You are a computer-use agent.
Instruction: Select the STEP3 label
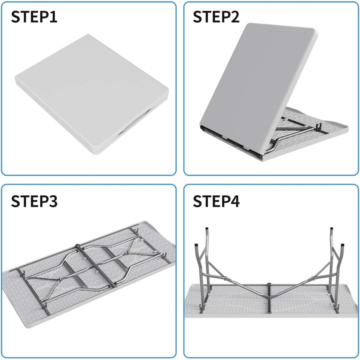(34, 201)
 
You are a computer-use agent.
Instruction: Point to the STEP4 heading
(216, 201)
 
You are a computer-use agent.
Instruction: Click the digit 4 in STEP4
(235, 201)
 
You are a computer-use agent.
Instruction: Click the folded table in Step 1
(92, 94)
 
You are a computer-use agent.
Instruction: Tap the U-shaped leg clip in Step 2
(319, 127)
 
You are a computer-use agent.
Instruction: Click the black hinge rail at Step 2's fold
(232, 141)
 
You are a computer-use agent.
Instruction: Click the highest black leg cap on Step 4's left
(207, 229)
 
